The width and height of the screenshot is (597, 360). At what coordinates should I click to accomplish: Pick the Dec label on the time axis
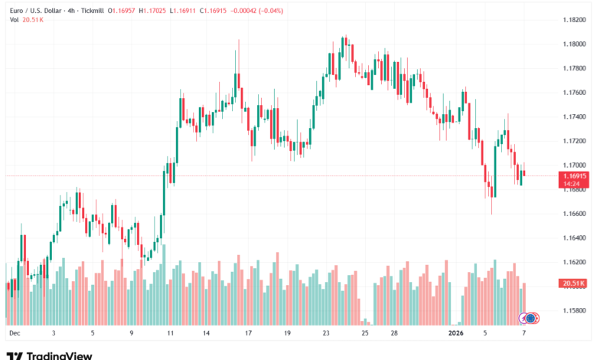pos(14,334)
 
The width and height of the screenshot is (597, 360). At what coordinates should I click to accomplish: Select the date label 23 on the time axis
pos(326,334)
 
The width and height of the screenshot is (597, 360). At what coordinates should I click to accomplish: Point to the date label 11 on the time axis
pos(170,334)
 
